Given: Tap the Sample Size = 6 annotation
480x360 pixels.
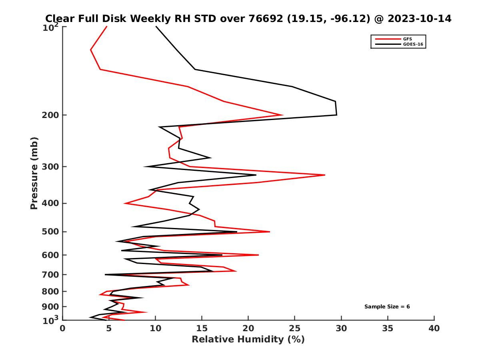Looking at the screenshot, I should (387, 307).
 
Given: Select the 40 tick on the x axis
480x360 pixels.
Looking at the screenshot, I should (434, 328).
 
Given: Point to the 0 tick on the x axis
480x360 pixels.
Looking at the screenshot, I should (63, 328).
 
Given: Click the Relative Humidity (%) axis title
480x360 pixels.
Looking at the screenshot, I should (248, 340).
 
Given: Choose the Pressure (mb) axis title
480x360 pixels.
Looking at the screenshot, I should (34, 173).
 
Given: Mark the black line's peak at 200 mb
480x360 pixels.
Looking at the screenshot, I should (336, 115).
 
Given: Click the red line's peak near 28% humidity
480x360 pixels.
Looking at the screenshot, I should (325, 175).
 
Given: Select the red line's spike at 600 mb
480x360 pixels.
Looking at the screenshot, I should (258, 255).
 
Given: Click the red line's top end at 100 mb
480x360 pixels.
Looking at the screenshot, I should (107, 26).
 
